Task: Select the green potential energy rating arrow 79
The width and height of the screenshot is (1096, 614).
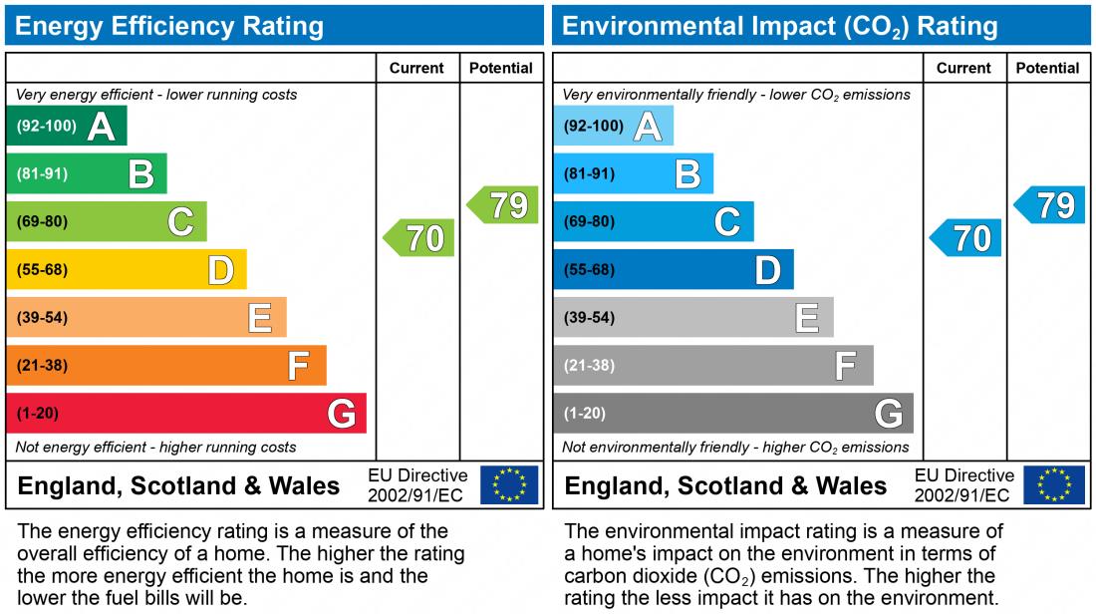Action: tap(504, 204)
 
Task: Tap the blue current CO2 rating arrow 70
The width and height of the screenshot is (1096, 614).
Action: tap(966, 238)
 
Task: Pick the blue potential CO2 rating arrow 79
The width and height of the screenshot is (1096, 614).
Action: tap(1050, 204)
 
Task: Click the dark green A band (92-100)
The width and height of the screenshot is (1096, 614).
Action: tap(67, 126)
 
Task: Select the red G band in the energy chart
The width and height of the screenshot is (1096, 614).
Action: tap(186, 413)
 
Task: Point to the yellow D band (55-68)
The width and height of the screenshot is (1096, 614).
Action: tap(127, 269)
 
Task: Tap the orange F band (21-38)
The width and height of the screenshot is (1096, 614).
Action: tap(166, 365)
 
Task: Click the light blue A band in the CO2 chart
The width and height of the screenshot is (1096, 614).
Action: tap(613, 126)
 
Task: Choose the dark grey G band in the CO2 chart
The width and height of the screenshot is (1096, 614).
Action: tap(732, 413)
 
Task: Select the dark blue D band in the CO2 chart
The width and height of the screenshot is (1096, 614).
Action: tap(673, 269)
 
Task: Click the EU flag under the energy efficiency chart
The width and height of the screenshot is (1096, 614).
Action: tap(509, 485)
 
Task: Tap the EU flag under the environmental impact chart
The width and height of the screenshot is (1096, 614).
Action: tap(1055, 485)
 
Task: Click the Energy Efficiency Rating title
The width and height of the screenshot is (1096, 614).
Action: tap(169, 26)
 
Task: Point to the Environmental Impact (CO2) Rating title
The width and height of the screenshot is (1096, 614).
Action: tap(779, 26)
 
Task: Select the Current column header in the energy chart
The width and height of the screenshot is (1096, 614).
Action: tap(416, 68)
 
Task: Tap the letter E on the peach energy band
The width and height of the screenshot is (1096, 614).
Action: tap(259, 317)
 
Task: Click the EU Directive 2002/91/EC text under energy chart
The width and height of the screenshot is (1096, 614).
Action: tap(417, 485)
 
